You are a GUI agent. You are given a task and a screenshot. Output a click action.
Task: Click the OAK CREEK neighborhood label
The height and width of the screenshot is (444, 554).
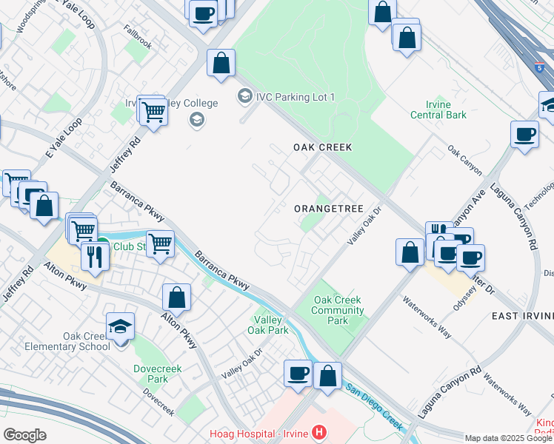coord(322,147)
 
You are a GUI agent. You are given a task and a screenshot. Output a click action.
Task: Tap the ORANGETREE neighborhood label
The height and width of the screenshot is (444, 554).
coord(330,209)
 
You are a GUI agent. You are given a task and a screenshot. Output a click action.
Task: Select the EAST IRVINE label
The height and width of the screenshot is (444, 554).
coord(523,316)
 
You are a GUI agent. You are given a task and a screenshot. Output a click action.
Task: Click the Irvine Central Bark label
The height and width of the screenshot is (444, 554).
coord(439,110)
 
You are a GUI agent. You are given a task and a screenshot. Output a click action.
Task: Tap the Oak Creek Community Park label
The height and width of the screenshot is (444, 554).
coord(338,310)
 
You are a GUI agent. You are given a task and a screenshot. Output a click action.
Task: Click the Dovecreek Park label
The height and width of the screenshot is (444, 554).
coord(152,373)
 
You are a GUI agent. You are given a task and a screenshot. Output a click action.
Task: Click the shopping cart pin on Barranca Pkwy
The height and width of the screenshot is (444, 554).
coord(160,243)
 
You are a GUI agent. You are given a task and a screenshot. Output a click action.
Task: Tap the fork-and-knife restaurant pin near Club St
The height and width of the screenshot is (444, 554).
coord(96,256)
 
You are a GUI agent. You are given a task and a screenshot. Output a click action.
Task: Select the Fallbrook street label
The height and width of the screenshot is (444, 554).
coord(138,45)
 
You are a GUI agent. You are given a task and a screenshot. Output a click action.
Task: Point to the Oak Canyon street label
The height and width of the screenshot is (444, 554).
coord(464,160)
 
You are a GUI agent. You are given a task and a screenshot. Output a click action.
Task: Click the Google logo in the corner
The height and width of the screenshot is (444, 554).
coord(24,434)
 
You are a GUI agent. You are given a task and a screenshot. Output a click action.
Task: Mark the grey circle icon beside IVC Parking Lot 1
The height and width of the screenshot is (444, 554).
coord(244,96)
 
